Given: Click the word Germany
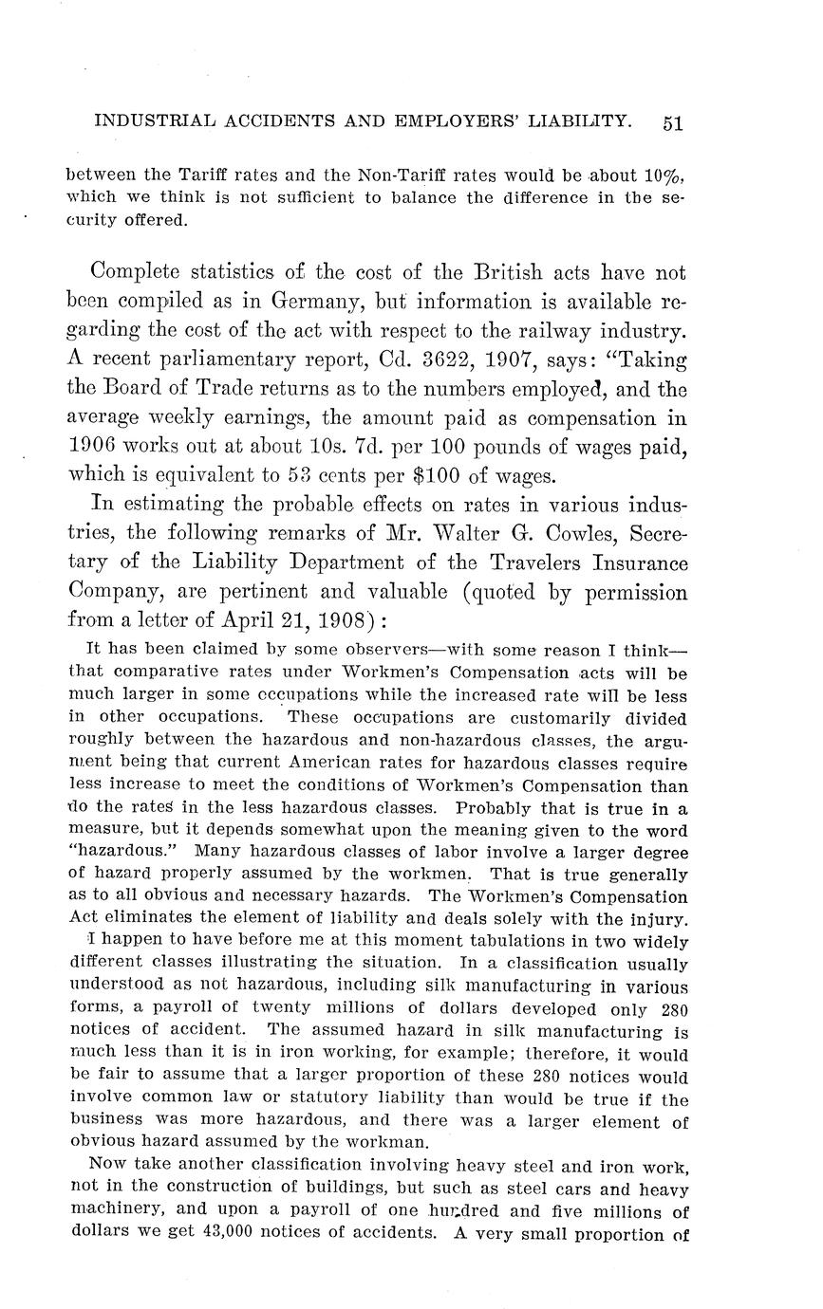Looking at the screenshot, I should click(x=318, y=303).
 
